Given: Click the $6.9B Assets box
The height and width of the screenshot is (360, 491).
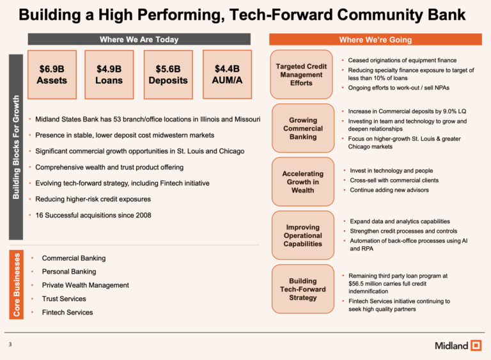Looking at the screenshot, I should [x=52, y=74].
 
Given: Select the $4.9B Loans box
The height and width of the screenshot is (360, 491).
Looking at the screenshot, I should [x=109, y=74].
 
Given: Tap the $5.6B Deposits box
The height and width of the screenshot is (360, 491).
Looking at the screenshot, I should [x=168, y=74].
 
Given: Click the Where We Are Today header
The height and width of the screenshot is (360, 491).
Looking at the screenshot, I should [x=139, y=40].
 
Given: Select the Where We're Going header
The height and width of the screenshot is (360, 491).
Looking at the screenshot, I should [x=375, y=40].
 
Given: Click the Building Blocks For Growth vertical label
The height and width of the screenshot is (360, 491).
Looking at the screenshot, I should [x=17, y=147].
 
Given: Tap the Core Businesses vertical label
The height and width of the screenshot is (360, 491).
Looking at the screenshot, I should [x=17, y=285].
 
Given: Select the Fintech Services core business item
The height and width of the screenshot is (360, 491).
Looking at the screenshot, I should [x=67, y=313].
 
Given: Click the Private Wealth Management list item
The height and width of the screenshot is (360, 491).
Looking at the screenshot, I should [x=82, y=285].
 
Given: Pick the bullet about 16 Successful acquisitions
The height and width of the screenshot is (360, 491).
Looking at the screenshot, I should [x=93, y=215].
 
